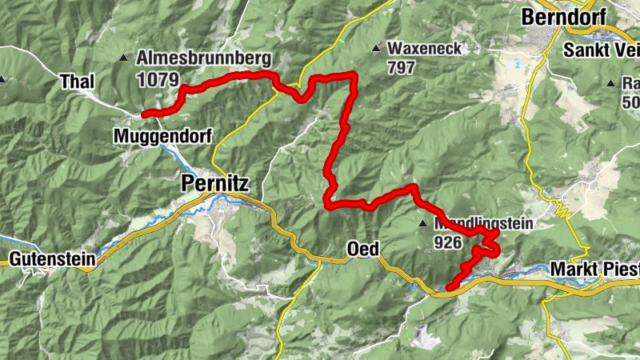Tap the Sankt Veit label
tap(602, 50)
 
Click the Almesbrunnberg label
tap(204, 58)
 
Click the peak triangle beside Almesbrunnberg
tap(122, 58)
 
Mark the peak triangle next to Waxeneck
tap(376, 49)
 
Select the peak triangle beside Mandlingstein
tap(422, 223)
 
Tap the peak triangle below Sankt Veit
tap(610, 82)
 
